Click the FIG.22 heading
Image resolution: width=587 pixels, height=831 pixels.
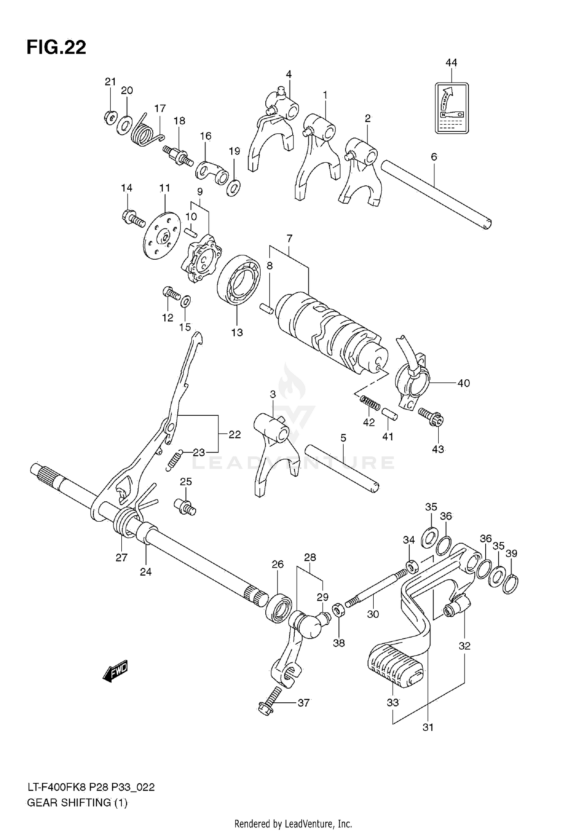tap(56, 48)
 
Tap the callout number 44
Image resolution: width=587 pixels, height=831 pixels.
tap(451, 63)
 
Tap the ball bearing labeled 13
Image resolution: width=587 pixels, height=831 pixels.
tap(239, 279)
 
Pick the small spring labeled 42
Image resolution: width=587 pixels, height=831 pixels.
tap(369, 403)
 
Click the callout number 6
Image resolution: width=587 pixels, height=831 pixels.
tap(434, 157)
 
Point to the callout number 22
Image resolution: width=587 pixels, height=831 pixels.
tap(234, 434)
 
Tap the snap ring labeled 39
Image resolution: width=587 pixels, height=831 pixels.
tap(511, 584)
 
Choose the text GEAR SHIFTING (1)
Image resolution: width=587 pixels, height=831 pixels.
tap(77, 803)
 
